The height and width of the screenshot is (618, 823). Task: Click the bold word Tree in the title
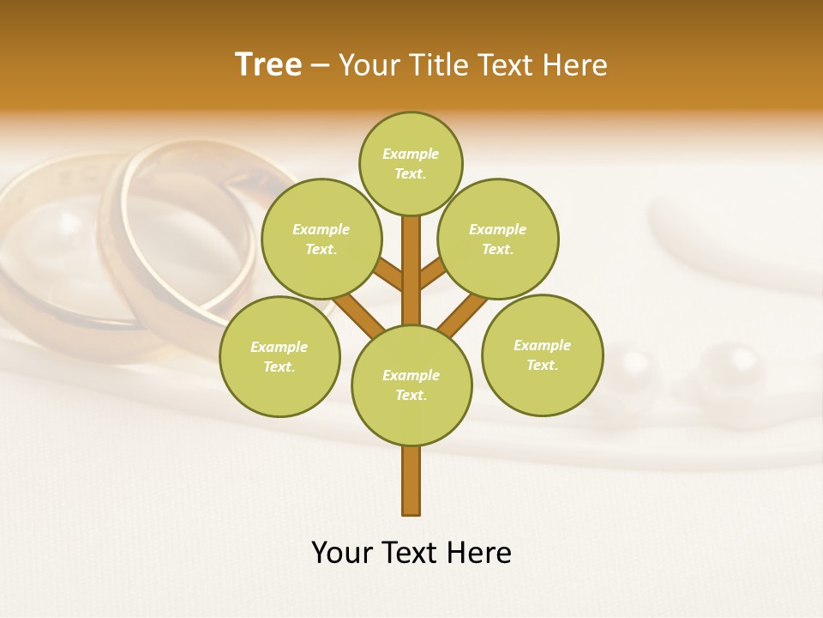[268, 65]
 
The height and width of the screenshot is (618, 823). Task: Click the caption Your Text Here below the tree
[411, 553]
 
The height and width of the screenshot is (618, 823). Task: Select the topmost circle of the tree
[411, 163]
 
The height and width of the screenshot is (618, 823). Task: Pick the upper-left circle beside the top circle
[321, 239]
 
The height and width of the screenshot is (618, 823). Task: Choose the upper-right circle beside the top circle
[498, 239]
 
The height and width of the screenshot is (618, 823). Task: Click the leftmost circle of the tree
[279, 356]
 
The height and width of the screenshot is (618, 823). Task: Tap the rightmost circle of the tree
[542, 354]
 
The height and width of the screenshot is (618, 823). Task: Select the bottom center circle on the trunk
[411, 385]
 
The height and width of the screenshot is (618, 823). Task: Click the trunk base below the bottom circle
[411, 481]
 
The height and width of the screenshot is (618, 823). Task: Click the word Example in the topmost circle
[411, 154]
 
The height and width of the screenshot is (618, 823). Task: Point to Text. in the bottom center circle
[411, 395]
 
